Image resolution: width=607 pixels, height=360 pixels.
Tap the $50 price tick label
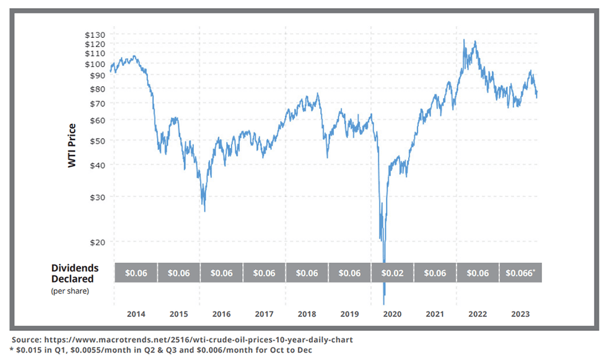[x=97, y=140]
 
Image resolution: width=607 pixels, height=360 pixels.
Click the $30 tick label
[x=97, y=197]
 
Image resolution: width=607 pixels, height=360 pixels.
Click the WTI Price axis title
[x=72, y=146]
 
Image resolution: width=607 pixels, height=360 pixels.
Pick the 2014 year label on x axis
[x=136, y=314]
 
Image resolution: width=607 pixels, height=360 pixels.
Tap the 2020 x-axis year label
[x=392, y=314]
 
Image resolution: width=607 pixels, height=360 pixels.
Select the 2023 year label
[x=520, y=314]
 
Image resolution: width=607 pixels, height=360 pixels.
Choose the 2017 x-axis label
[x=264, y=314]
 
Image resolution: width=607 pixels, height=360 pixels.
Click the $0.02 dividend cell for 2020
[x=392, y=273]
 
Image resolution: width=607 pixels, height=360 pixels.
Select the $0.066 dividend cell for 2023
[x=520, y=273]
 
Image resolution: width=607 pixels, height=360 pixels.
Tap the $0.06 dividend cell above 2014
[x=136, y=273]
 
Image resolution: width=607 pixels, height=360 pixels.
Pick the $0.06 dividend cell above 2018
[x=307, y=273]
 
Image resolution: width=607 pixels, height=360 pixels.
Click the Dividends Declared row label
[x=75, y=273]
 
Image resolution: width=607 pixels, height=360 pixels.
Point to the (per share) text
[x=70, y=290]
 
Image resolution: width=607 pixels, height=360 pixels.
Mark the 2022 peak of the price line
[x=464, y=40]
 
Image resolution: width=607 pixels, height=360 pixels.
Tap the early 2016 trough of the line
[x=204, y=211]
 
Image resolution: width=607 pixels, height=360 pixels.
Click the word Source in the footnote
[x=27, y=340]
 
